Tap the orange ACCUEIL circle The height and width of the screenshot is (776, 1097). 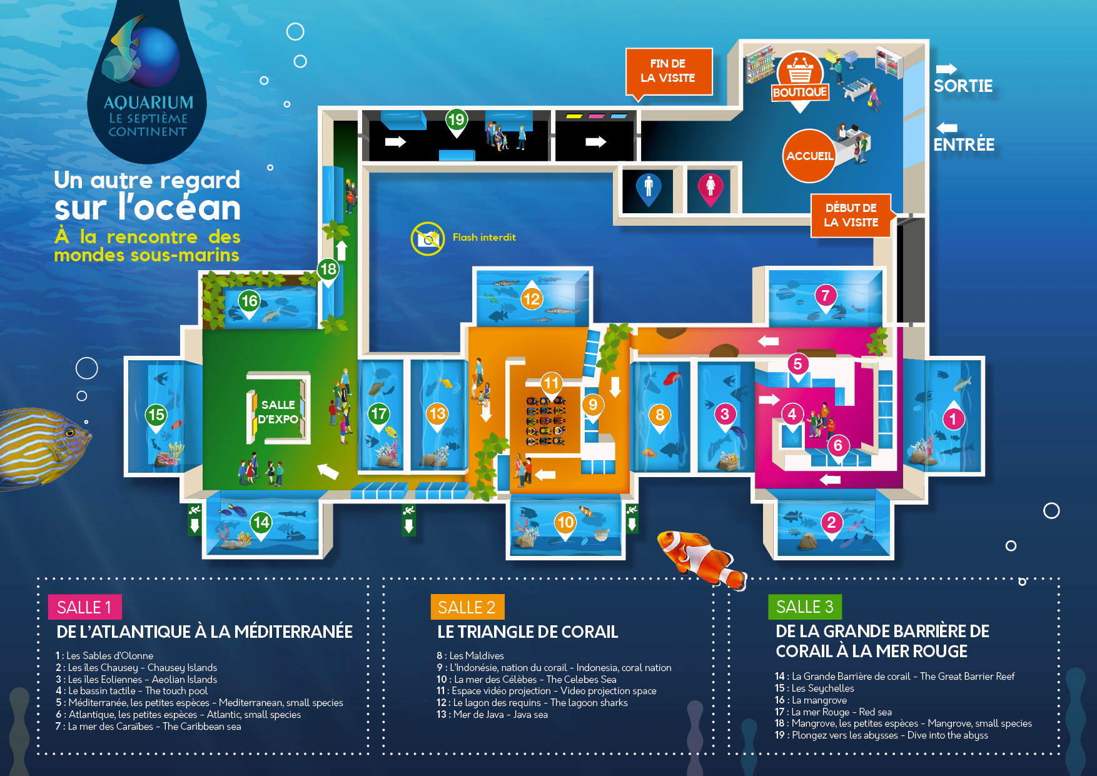809,156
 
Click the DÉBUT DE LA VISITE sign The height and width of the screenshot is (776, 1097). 851,216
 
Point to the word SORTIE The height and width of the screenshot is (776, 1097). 963,86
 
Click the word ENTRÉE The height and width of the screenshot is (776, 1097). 964,144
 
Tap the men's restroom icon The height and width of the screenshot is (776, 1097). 649,189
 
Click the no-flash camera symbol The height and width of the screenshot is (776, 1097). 428,238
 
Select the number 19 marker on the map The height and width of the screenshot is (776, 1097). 457,121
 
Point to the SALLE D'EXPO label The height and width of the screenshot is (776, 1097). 278,412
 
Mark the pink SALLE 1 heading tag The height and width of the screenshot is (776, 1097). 84,607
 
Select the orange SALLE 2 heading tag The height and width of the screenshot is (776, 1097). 467,607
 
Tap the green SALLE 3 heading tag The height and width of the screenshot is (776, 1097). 805,607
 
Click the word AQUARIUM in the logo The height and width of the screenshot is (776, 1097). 148,102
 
